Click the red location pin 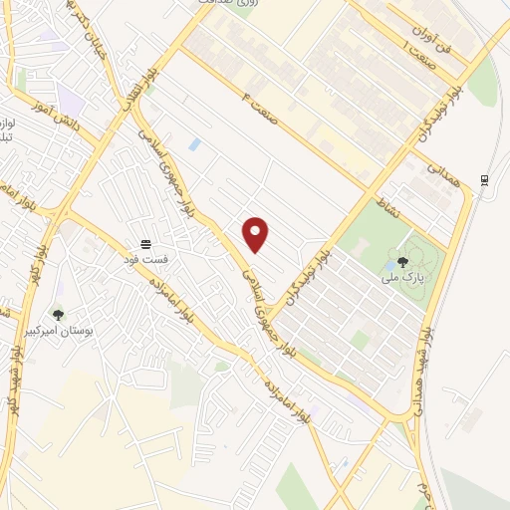click(256, 233)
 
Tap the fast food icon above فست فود click(146, 243)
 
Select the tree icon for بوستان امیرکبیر click(58, 315)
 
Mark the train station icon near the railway click(485, 178)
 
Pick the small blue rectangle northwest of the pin click(194, 145)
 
